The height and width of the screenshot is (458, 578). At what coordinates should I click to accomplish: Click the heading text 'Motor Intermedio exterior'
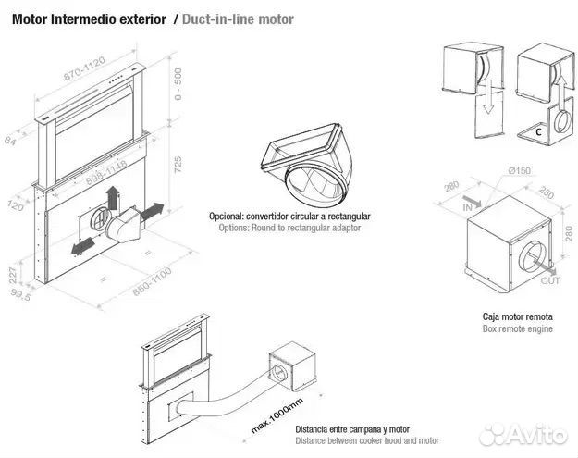(89, 19)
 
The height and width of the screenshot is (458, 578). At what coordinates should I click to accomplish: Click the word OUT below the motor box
(549, 279)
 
